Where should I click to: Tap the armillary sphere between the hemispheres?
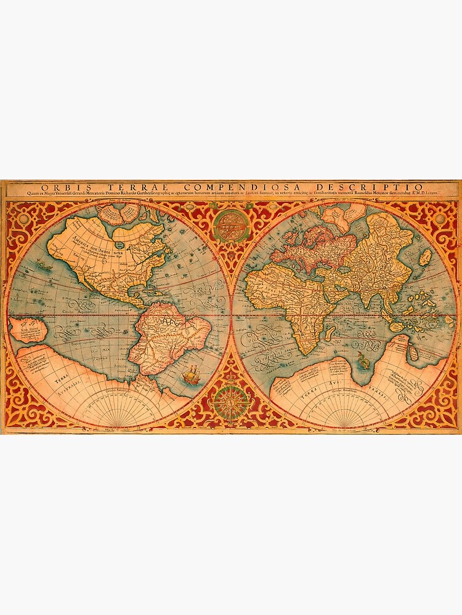click(x=232, y=226)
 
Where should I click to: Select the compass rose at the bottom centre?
click(x=232, y=403)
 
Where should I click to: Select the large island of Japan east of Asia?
click(x=425, y=257)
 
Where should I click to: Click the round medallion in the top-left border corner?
click(x=23, y=218)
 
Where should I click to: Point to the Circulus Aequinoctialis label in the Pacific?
click(x=77, y=313)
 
